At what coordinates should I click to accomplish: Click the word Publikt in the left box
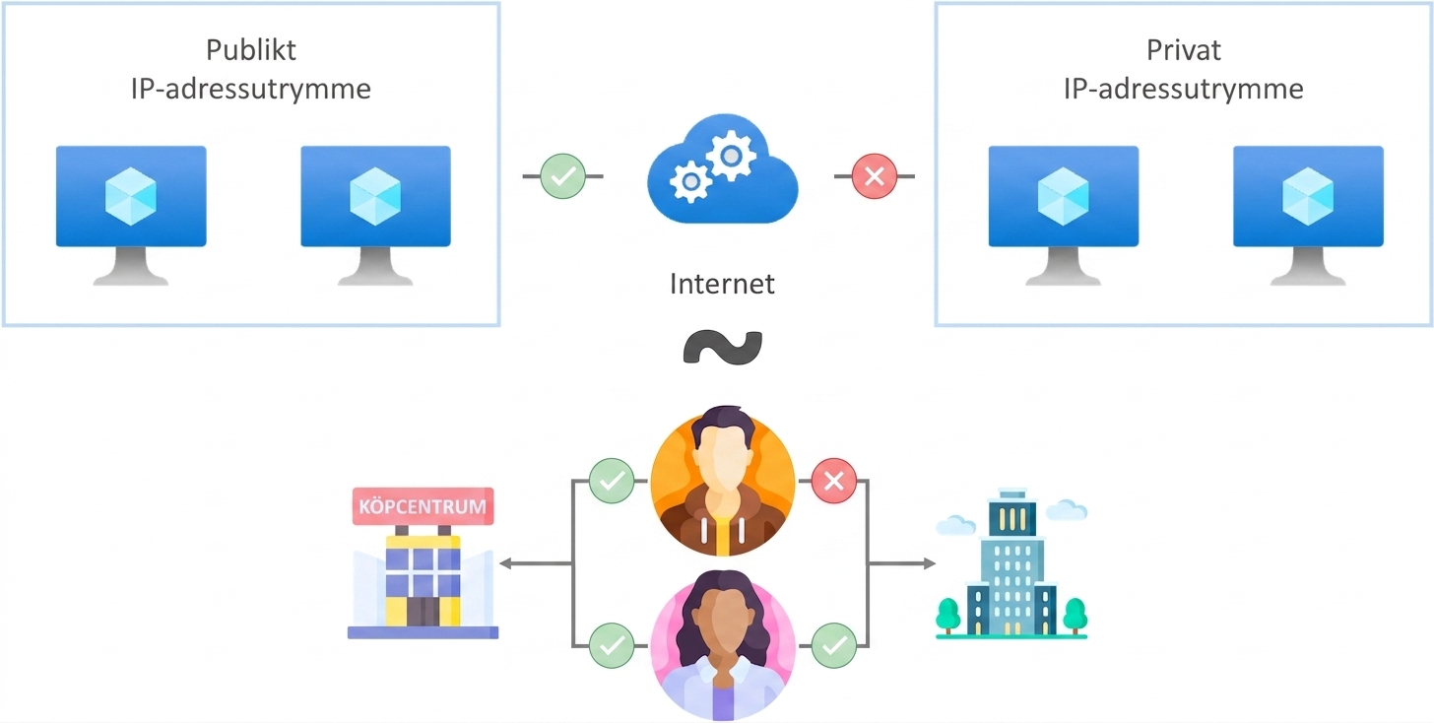coord(251,50)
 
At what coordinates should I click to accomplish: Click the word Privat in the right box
coord(1183,50)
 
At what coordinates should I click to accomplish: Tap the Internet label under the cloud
coord(722,284)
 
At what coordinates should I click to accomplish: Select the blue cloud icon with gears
coord(723,169)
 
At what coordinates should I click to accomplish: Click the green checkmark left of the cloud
coord(562,176)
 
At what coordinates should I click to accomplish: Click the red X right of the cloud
coord(875,176)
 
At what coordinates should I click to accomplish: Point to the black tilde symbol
coord(723,347)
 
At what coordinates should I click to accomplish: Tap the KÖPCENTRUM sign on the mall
coord(423,506)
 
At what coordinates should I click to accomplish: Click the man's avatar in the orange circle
coord(723,481)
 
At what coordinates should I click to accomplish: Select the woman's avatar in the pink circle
coord(723,645)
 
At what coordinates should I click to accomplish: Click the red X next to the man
coord(834,481)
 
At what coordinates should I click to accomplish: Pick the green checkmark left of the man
coord(612,481)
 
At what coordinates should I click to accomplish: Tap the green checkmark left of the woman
coord(612,645)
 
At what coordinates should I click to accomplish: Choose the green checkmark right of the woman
coord(834,645)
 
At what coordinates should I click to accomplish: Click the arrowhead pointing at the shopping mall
coord(505,563)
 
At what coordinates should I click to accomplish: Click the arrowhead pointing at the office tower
coord(930,563)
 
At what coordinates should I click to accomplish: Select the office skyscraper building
coord(1011,563)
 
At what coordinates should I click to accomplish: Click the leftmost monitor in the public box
coord(131,215)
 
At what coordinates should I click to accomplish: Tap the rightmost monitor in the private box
coord(1309,215)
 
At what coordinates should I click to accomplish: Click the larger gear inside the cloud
coord(731,156)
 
